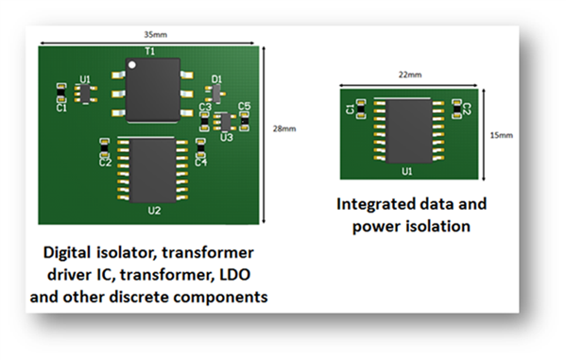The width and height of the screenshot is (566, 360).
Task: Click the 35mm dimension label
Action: pyautogui.click(x=156, y=35)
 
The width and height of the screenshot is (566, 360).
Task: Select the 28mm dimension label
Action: pyautogui.click(x=284, y=129)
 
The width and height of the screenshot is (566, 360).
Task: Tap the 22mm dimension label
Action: pyautogui.click(x=410, y=75)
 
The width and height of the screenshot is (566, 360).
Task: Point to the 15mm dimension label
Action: pyautogui.click(x=502, y=135)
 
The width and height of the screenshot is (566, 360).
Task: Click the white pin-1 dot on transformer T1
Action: pyautogui.click(x=132, y=65)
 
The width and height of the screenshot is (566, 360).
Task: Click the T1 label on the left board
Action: pyautogui.click(x=150, y=52)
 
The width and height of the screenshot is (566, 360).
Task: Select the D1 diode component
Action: pyautogui.click(x=215, y=94)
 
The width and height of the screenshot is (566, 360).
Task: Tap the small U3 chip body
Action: pyautogui.click(x=226, y=122)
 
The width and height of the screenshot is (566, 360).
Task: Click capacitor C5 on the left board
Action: pyautogui.click(x=245, y=121)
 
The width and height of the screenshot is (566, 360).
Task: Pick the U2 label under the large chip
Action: pyautogui.click(x=154, y=211)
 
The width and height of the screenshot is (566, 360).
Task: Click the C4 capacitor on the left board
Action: pyautogui.click(x=200, y=148)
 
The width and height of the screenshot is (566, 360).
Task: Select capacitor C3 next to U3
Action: pyautogui.click(x=205, y=122)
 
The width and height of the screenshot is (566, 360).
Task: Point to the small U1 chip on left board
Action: pyautogui.click(x=86, y=94)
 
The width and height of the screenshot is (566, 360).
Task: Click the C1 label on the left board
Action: pyautogui.click(x=61, y=108)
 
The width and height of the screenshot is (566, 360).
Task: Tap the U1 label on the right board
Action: pyautogui.click(x=407, y=171)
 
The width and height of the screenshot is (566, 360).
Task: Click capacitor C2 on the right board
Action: pyautogui.click(x=456, y=109)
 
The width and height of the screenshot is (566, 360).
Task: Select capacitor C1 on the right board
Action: pyautogui.click(x=361, y=109)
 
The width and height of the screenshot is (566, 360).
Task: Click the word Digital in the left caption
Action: pyautogui.click(x=66, y=253)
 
